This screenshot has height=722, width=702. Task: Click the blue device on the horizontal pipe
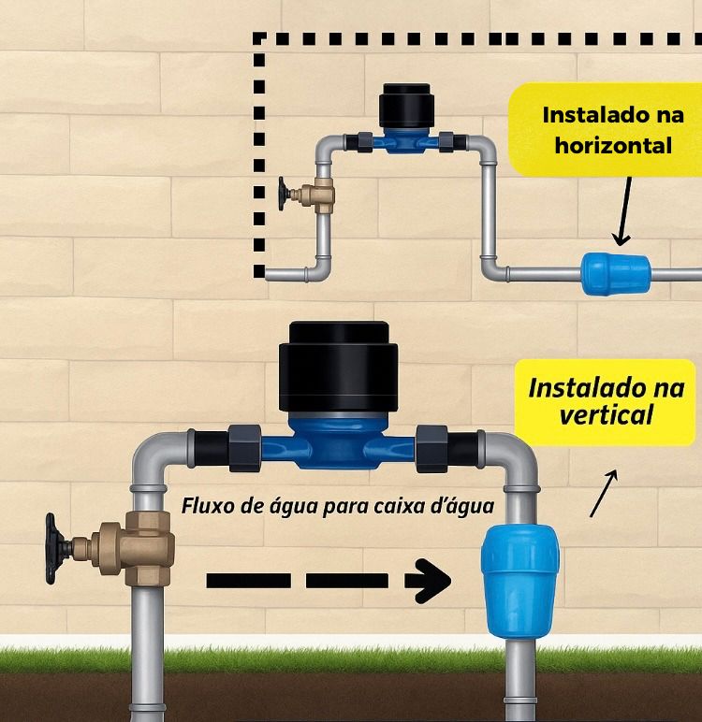pyautogui.click(x=615, y=273)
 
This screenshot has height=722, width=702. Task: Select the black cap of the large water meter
pyautogui.click(x=339, y=367)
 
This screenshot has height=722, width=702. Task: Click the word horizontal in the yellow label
pyautogui.click(x=613, y=145)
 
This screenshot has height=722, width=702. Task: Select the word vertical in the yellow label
pyautogui.click(x=606, y=413)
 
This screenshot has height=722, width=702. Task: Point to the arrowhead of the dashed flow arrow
pyautogui.click(x=431, y=580)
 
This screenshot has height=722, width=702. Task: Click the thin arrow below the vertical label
pyautogui.click(x=604, y=493)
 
